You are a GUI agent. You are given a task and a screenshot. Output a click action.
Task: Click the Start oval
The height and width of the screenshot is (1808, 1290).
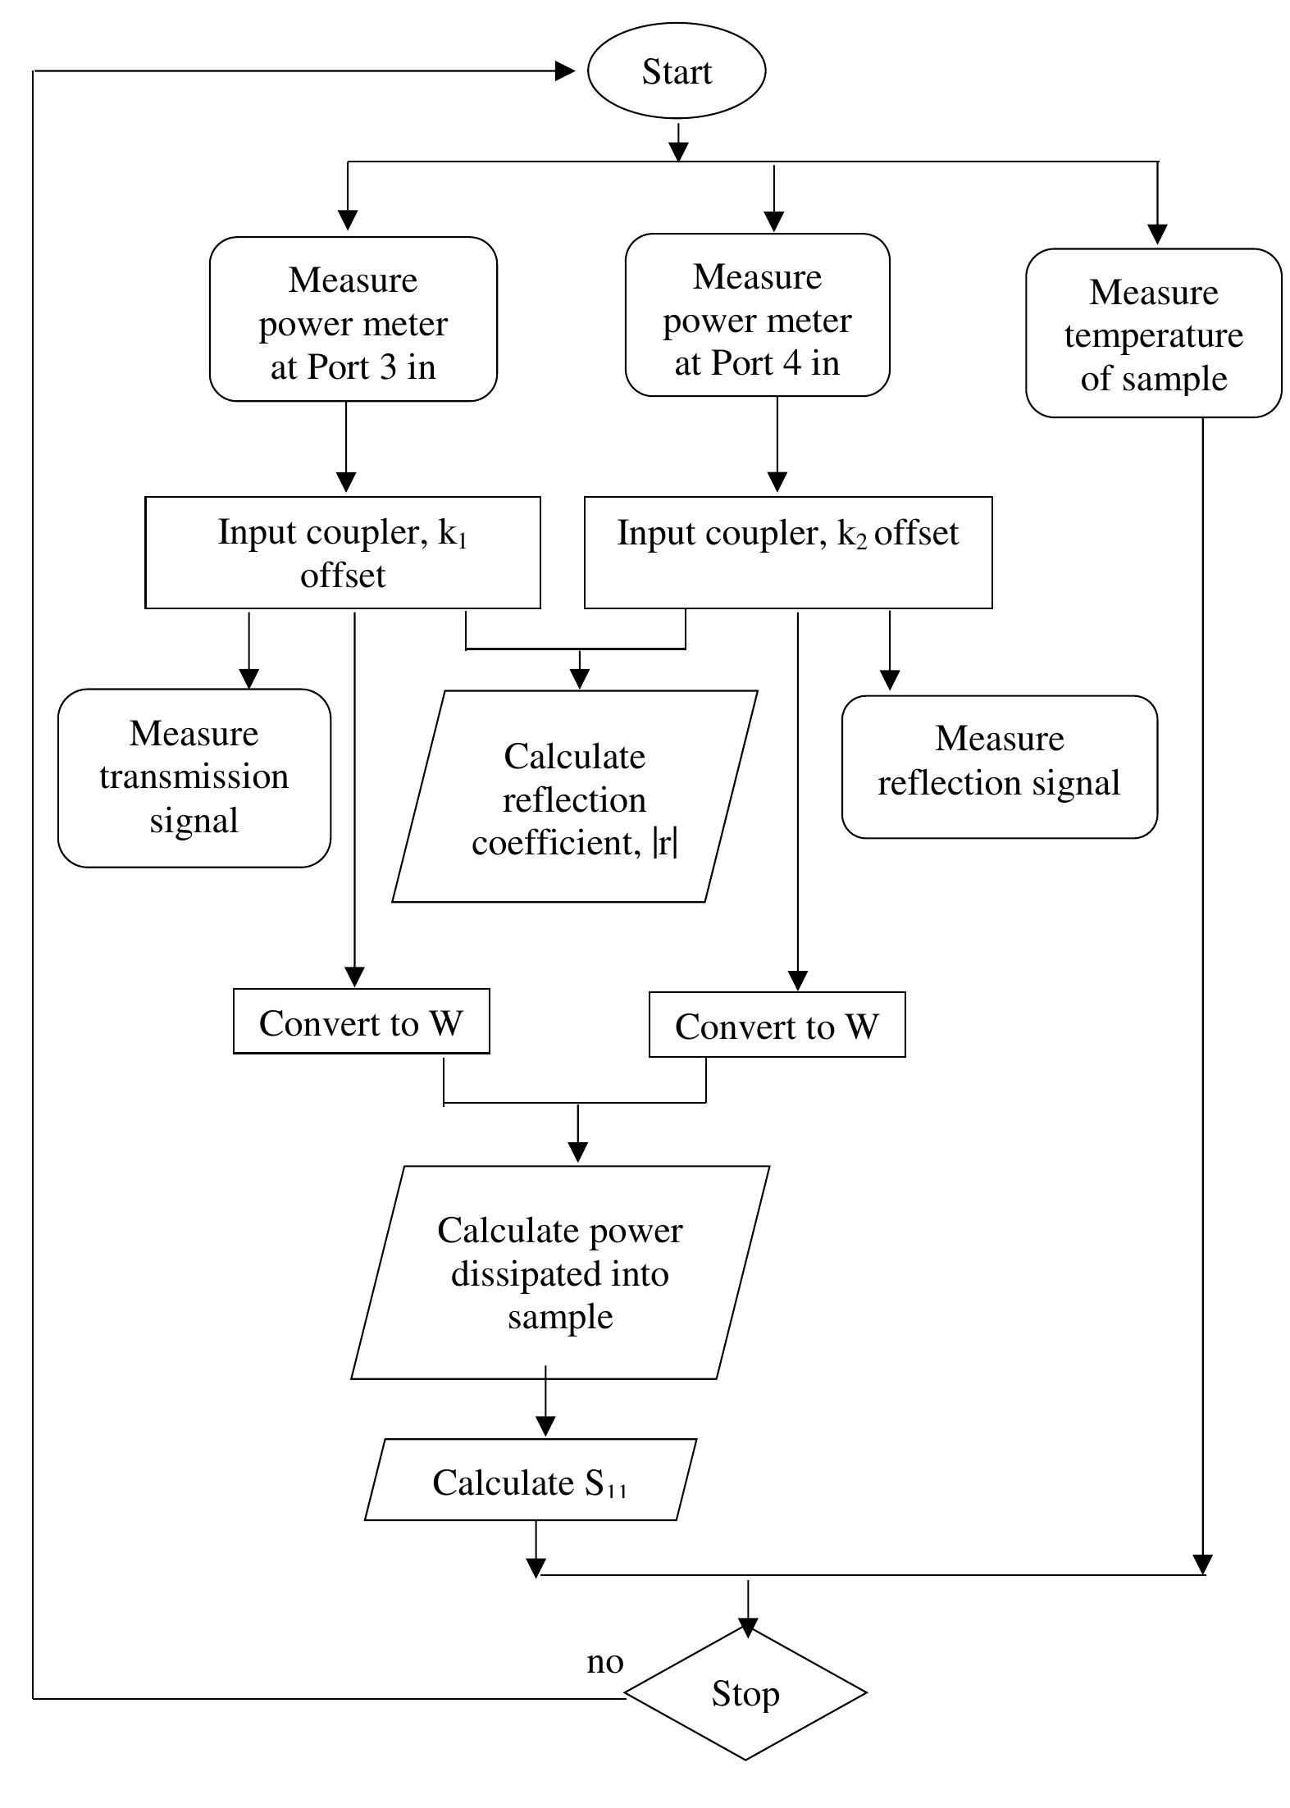pyautogui.click(x=677, y=71)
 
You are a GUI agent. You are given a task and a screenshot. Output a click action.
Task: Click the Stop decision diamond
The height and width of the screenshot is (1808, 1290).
pyautogui.click(x=745, y=1693)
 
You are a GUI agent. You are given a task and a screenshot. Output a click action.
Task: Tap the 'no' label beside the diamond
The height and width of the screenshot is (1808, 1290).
pyautogui.click(x=605, y=1661)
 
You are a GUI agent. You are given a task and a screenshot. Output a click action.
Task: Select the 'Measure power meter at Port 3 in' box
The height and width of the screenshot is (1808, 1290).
pyautogui.click(x=353, y=320)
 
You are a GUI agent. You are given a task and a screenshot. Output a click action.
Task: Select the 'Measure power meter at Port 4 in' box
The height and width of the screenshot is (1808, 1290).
pyautogui.click(x=757, y=316)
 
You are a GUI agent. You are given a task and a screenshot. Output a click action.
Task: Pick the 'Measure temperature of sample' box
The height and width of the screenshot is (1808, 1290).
pyautogui.click(x=1153, y=334)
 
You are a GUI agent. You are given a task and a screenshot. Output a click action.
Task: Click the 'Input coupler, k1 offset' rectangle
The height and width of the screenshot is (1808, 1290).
pyautogui.click(x=343, y=553)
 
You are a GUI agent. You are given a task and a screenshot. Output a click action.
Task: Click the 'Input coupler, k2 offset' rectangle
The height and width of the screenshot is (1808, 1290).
pyautogui.click(x=787, y=553)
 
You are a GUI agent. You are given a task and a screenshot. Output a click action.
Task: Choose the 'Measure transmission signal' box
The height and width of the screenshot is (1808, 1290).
pyautogui.click(x=194, y=777)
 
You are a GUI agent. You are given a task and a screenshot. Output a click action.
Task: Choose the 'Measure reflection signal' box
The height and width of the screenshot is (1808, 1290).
pyautogui.click(x=999, y=767)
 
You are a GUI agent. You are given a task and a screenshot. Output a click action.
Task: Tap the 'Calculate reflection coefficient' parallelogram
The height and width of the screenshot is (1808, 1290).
pyautogui.click(x=574, y=797)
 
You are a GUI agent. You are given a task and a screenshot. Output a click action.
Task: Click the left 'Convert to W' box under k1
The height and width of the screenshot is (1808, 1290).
pyautogui.click(x=361, y=1022)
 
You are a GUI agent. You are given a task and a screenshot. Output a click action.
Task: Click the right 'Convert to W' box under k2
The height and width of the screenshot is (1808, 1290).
pyautogui.click(x=777, y=1025)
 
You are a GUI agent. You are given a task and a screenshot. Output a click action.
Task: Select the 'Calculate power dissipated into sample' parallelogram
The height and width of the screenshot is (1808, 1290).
pyautogui.click(x=560, y=1273)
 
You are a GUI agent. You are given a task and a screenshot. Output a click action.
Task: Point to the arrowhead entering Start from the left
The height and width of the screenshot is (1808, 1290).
pyautogui.click(x=566, y=71)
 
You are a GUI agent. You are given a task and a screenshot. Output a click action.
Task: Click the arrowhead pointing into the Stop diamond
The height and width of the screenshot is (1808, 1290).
pyautogui.click(x=748, y=1626)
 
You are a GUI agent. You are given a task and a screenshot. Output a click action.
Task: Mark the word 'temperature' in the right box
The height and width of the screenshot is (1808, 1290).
pyautogui.click(x=1153, y=335)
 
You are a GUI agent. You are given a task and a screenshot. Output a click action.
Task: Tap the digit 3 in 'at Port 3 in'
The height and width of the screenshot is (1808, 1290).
pyautogui.click(x=388, y=367)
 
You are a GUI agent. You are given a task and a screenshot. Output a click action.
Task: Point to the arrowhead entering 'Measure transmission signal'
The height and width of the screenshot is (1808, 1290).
pyautogui.click(x=249, y=678)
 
